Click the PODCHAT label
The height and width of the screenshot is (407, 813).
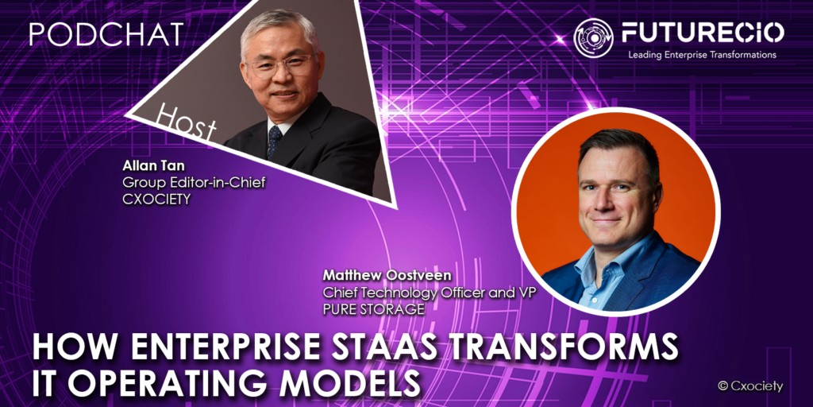click(106, 33)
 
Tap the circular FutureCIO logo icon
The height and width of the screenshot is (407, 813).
click(593, 37)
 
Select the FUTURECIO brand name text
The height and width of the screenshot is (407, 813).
click(702, 33)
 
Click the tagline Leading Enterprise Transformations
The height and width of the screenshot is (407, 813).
click(702, 55)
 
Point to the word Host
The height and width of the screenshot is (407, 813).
click(186, 123)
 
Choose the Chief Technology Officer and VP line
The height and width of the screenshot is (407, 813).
click(430, 292)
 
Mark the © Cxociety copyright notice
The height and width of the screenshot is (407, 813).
click(749, 386)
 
